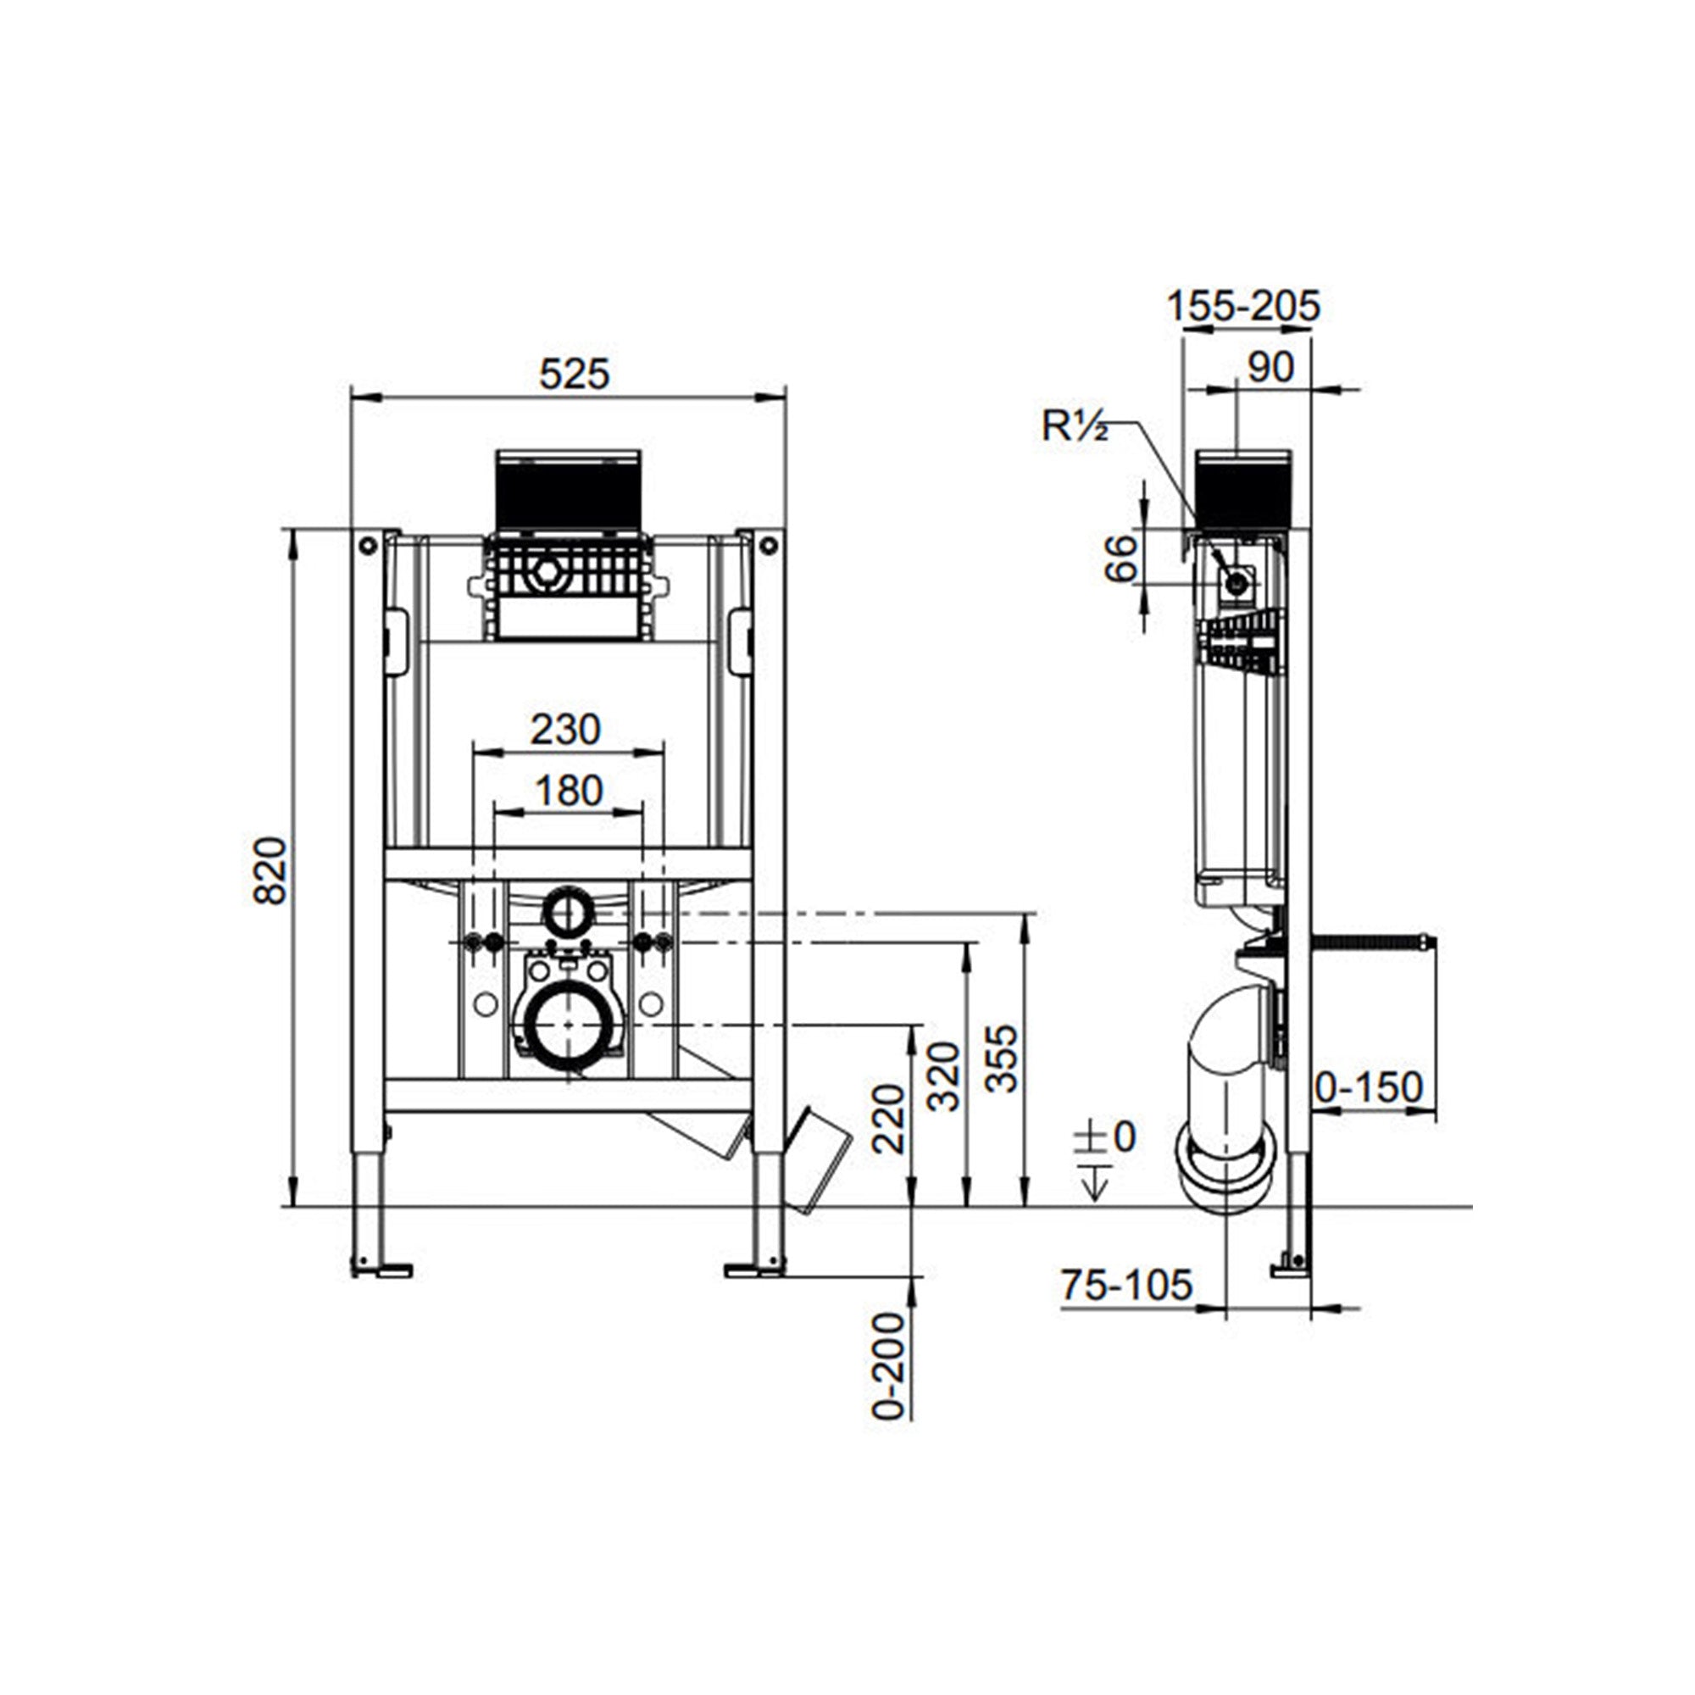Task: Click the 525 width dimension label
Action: point(574,375)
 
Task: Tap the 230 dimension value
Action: point(566,729)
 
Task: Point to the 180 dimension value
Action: point(569,791)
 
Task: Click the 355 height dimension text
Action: point(1002,1059)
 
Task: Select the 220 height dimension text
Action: point(889,1119)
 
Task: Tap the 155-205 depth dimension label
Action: point(1243,306)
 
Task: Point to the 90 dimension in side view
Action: point(1270,367)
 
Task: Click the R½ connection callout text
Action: point(1075,426)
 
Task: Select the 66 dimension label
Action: point(1121,558)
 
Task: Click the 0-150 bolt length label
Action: point(1369,1088)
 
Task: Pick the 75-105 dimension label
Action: point(1126,1285)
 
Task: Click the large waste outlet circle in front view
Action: point(569,1024)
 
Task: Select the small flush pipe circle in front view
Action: point(569,914)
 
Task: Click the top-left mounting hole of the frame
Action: point(368,546)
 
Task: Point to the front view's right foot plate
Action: point(755,1270)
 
